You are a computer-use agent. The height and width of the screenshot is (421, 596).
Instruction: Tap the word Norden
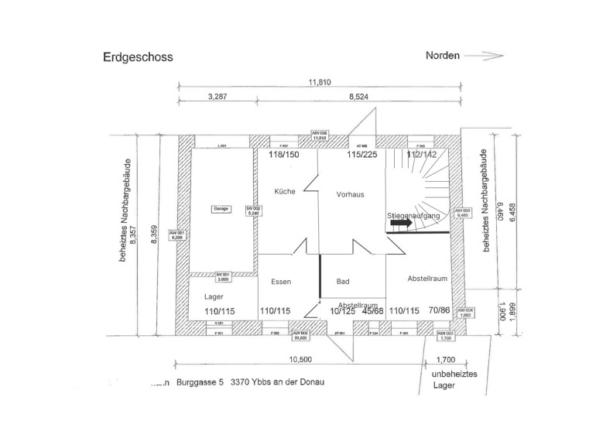(x=443, y=56)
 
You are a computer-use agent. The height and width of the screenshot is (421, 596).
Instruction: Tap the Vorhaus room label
(x=350, y=195)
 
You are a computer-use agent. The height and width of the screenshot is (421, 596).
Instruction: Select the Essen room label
(x=281, y=282)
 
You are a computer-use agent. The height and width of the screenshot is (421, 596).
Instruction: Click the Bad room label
(x=343, y=282)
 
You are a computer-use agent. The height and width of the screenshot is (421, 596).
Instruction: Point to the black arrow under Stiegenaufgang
(x=401, y=223)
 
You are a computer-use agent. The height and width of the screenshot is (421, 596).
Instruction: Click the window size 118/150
(x=283, y=155)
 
